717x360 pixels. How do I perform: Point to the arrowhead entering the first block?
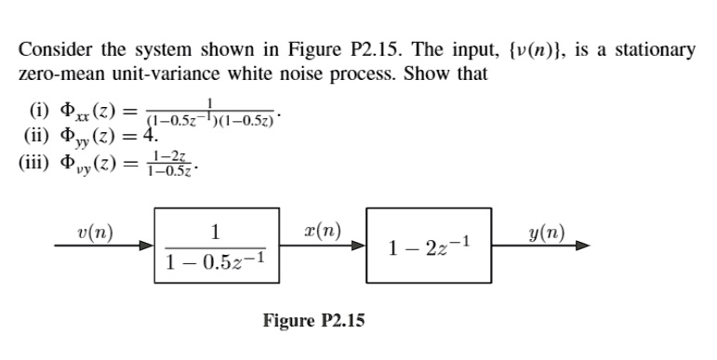point(148,248)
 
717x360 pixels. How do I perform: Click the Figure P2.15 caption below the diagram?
point(313,321)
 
